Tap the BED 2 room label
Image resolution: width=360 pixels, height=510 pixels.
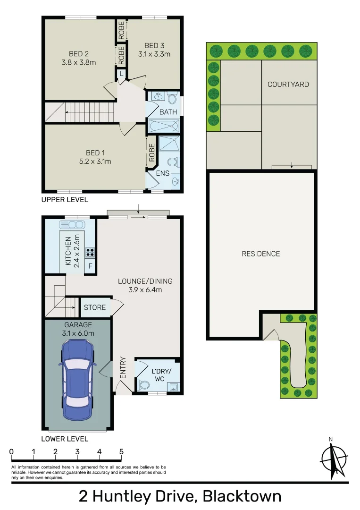point(79,53)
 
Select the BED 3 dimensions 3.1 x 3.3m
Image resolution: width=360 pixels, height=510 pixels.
point(154,54)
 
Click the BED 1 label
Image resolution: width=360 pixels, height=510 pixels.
point(92,153)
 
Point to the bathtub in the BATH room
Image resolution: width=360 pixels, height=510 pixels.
point(164,126)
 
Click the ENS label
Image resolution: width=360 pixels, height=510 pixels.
point(163,173)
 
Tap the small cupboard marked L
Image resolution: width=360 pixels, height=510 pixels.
point(121,74)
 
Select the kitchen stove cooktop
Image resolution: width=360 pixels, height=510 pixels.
point(90,252)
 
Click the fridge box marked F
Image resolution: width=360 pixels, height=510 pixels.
point(90,266)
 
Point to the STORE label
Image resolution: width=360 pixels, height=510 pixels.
point(95,307)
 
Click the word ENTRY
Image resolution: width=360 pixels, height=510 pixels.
point(123,367)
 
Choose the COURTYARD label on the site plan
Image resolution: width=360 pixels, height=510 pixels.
point(288,85)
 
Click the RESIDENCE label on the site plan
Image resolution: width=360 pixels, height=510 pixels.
point(261,254)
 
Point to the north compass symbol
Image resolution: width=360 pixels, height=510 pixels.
point(334,458)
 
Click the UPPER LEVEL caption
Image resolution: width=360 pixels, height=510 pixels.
point(65,200)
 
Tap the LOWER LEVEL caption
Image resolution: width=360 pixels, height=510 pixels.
point(65,439)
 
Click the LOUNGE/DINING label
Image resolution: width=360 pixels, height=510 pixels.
point(145,281)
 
